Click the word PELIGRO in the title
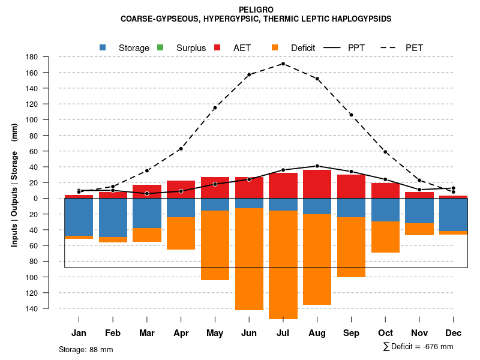(x=256, y=10)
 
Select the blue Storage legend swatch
(x=103, y=47)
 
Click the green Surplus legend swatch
(x=161, y=47)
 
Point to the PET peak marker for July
(x=283, y=64)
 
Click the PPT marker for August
(x=317, y=166)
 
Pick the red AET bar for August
(x=317, y=184)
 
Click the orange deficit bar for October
(x=385, y=237)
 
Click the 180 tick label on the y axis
(x=32, y=57)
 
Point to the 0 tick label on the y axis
(x=36, y=199)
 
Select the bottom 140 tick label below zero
(x=32, y=308)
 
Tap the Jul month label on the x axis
(x=283, y=333)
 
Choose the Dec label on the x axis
(x=453, y=333)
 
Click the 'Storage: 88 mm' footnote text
(x=86, y=349)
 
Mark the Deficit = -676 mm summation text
(x=418, y=347)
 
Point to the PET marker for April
(x=181, y=149)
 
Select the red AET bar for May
(x=215, y=187)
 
